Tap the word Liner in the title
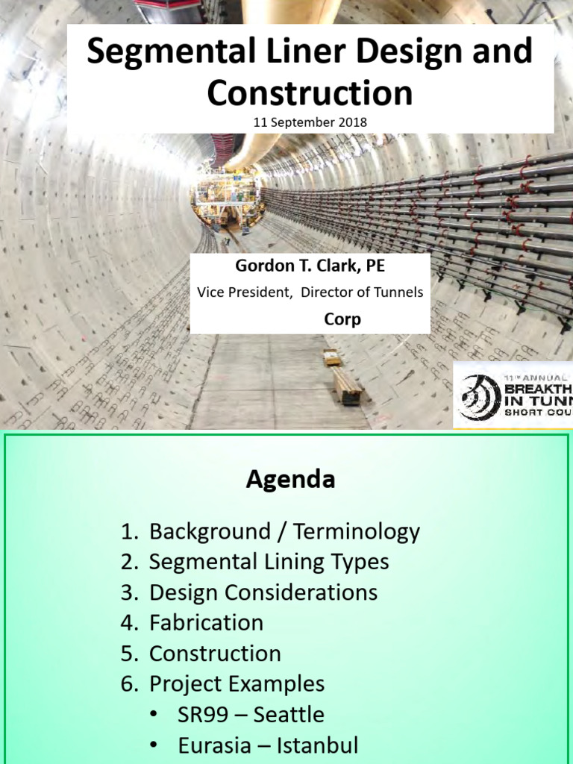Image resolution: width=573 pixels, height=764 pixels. click(x=296, y=52)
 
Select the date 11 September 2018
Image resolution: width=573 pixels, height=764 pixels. click(x=310, y=122)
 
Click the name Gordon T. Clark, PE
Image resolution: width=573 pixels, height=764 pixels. click(x=310, y=266)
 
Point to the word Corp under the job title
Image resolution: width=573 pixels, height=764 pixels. click(x=342, y=319)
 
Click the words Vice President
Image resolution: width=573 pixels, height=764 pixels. click(x=244, y=292)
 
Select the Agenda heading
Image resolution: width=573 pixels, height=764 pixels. click(x=290, y=480)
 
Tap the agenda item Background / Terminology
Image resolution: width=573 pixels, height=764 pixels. click(x=284, y=532)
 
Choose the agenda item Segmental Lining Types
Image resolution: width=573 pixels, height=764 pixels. click(x=269, y=562)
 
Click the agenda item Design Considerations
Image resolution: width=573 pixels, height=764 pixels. click(x=263, y=592)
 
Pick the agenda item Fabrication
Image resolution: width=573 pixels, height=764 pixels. click(x=206, y=622)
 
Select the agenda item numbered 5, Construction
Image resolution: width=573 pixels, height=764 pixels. click(x=215, y=654)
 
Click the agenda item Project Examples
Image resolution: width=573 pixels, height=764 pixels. click(x=237, y=683)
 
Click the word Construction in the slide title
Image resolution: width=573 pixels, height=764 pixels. click(x=310, y=93)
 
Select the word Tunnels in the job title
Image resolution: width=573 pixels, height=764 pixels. click(x=397, y=292)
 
